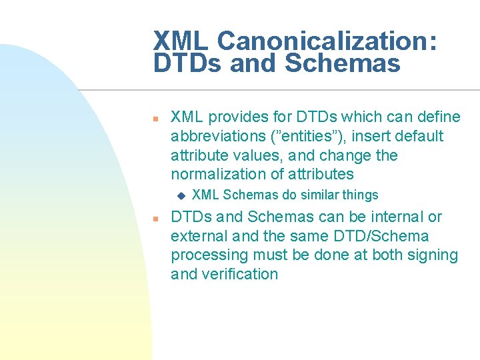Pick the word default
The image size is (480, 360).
pos(418,137)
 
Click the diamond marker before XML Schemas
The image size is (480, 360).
pos(179,195)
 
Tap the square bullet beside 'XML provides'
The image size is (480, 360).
pos(154,118)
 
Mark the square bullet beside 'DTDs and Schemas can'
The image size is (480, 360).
pos(154,218)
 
